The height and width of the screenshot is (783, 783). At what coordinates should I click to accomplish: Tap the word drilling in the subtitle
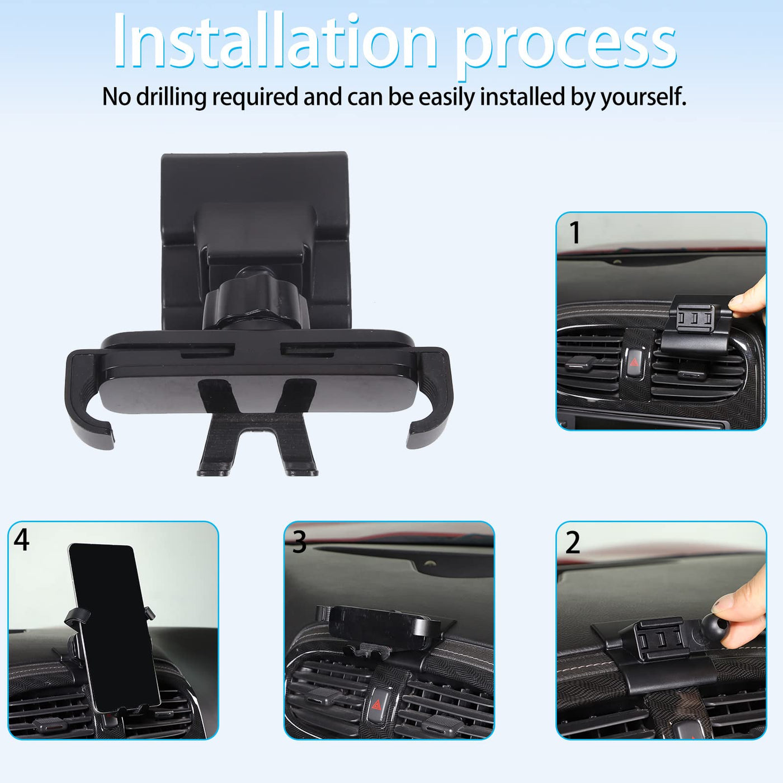click(x=172, y=97)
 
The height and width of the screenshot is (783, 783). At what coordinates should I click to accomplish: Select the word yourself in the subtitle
click(x=643, y=97)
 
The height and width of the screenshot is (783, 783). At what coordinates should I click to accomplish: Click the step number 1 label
click(x=574, y=233)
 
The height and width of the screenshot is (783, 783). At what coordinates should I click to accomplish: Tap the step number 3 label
click(x=299, y=542)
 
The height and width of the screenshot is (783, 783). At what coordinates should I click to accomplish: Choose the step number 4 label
click(x=22, y=540)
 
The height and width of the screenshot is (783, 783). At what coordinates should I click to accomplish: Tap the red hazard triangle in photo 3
click(x=376, y=704)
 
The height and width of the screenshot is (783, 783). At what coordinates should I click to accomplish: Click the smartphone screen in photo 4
click(x=114, y=628)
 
